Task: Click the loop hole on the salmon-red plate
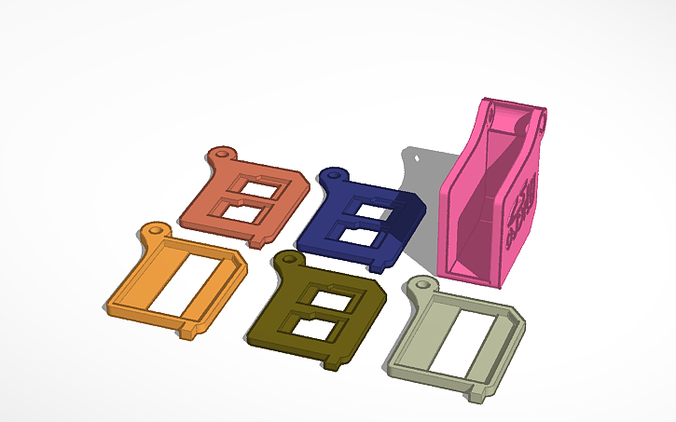tap(222, 152)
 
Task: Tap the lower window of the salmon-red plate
tap(244, 211)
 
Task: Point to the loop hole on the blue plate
tap(333, 173)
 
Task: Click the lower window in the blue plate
tap(355, 236)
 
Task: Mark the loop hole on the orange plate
tap(153, 228)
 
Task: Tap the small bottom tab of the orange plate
tap(190, 332)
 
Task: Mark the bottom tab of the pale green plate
tap(479, 395)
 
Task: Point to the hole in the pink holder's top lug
tap(540, 120)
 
